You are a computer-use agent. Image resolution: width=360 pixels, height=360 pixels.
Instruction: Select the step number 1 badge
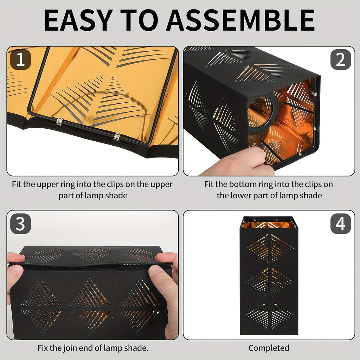(20, 59)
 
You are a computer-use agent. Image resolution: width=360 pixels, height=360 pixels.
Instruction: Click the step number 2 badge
(340, 59)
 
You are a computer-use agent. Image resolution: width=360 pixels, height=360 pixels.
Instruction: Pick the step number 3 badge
(20, 224)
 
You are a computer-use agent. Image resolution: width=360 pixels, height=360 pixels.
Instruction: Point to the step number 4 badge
(340, 224)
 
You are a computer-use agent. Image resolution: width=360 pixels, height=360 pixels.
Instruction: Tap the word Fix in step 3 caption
(43, 348)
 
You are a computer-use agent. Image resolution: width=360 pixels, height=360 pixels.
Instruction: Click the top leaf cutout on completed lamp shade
(270, 249)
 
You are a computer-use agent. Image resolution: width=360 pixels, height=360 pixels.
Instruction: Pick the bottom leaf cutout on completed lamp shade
(269, 315)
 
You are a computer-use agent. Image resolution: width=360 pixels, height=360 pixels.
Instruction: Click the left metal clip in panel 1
(59, 121)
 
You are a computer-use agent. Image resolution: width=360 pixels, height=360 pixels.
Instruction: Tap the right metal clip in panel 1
(117, 137)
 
